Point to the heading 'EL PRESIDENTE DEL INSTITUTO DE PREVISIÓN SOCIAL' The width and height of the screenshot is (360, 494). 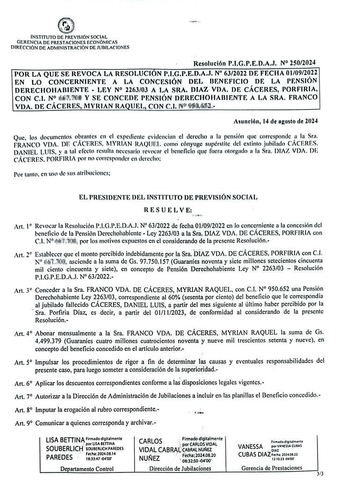pos(169,197)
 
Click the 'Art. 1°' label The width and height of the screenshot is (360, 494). pos(23,225)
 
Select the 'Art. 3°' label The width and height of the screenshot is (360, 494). pos(23,290)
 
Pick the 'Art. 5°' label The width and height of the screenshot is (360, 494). pos(23,362)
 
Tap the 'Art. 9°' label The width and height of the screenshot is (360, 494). pos(23,423)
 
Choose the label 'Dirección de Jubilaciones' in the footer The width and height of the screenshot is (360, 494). pos(180,469)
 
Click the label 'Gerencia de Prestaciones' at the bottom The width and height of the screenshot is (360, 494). pos(272,468)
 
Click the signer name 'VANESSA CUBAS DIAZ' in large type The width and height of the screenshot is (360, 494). pos(254,450)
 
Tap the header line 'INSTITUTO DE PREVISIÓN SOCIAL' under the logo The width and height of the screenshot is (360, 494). pos(69,37)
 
